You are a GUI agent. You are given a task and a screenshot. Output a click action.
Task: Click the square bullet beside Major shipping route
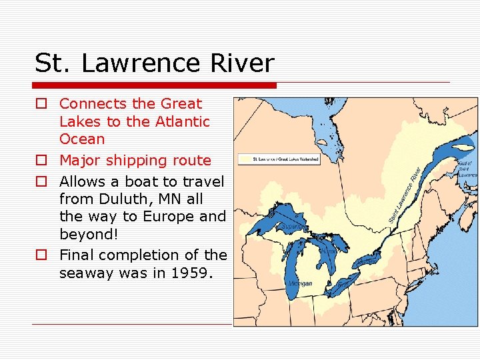[x=41, y=161]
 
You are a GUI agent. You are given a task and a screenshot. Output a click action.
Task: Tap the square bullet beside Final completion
[x=41, y=255]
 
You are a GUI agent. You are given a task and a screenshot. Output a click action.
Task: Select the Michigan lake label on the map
[x=300, y=283]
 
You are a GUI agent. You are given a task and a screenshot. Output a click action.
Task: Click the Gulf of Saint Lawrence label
[x=466, y=169]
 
